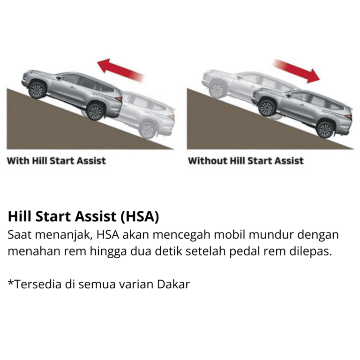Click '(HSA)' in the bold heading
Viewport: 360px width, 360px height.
coord(140,216)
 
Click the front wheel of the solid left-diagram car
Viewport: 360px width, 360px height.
coord(37,90)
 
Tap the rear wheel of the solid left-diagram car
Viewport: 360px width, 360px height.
coord(96,112)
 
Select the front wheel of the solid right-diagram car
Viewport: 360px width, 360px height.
coord(267,108)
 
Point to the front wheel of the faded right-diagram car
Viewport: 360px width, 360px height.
coord(217,90)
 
